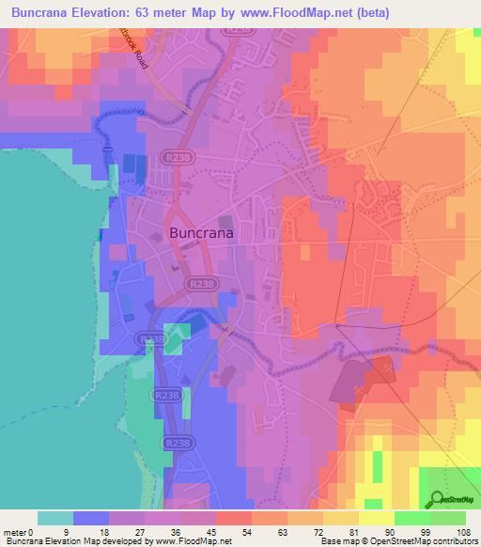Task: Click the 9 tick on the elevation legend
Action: (74, 532)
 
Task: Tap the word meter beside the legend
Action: (16, 532)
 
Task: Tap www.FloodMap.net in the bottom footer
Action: (192, 542)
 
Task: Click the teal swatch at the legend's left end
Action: (55, 518)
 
